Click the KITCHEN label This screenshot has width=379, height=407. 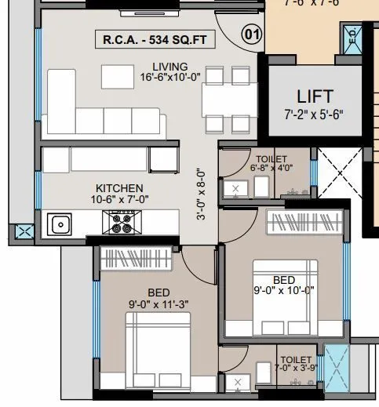click(x=119, y=188)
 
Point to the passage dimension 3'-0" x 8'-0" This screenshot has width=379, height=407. click(x=202, y=195)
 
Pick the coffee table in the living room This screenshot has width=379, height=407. click(x=116, y=75)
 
